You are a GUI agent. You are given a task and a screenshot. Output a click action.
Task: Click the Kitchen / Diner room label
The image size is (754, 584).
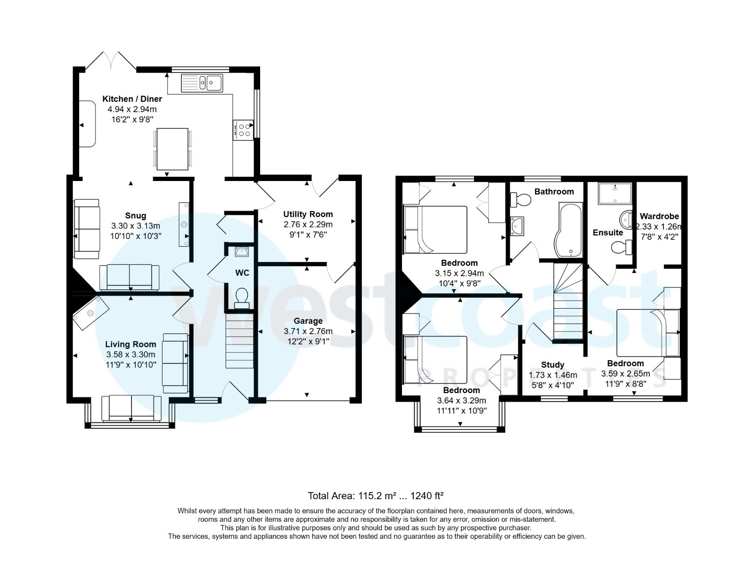132,99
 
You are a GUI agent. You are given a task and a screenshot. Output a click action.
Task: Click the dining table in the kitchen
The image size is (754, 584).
172,149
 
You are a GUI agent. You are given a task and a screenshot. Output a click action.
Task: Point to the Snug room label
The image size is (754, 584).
135,216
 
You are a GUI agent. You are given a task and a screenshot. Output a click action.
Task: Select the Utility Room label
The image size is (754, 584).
308,214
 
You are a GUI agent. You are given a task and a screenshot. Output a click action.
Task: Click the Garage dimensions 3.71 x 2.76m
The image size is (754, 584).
308,331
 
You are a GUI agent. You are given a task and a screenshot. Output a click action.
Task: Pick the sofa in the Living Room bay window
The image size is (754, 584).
131,408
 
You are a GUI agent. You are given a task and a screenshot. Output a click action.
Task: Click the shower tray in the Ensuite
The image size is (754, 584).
615,193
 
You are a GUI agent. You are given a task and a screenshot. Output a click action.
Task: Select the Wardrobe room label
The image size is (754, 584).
659,216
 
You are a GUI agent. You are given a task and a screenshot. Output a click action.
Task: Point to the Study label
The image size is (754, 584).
552,365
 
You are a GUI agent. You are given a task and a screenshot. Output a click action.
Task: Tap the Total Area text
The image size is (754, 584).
376,496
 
